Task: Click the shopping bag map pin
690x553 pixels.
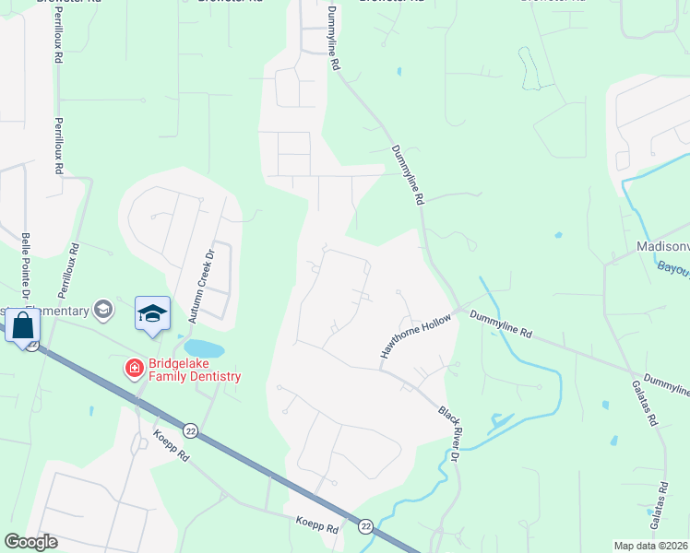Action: click(x=22, y=325)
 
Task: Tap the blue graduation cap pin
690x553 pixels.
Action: click(x=152, y=313)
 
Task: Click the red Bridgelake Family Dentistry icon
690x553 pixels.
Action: click(x=134, y=368)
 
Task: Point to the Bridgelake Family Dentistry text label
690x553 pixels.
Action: click(x=193, y=369)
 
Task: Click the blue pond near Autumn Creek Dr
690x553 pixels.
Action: click(x=205, y=349)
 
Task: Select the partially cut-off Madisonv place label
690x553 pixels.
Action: click(x=662, y=247)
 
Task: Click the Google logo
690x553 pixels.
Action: click(x=30, y=542)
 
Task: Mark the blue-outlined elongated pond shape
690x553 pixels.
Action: click(x=529, y=68)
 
